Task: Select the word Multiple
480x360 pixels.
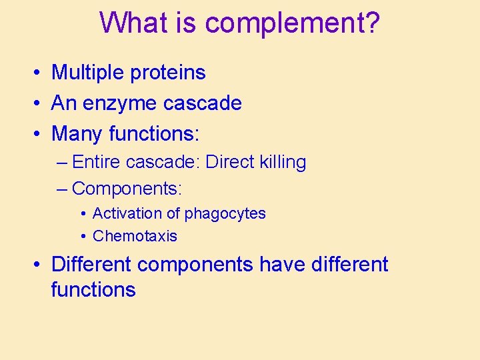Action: [x=89, y=73]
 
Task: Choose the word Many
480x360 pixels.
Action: [x=77, y=134]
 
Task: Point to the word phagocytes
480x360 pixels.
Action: [x=225, y=214]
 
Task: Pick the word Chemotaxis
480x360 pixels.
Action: [x=135, y=236]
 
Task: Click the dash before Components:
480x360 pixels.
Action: [x=62, y=189]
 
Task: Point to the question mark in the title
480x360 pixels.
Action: [x=372, y=23]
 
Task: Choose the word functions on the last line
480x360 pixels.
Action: [x=93, y=290]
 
